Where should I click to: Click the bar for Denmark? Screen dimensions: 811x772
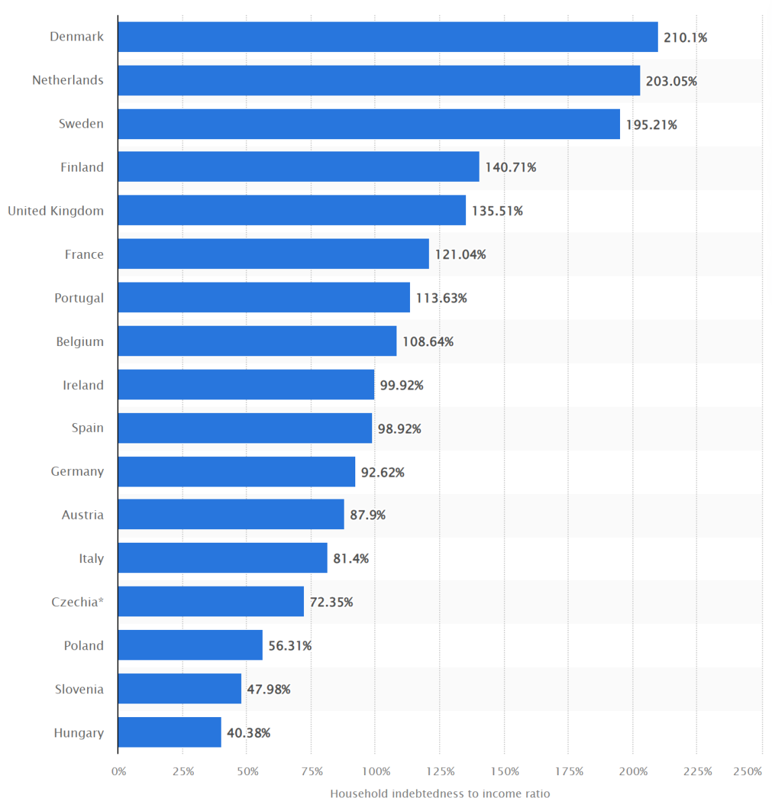pyautogui.click(x=388, y=36)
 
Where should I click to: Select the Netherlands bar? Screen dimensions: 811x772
pyautogui.click(x=379, y=80)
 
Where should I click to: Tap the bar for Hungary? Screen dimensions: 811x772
pyautogui.click(x=170, y=732)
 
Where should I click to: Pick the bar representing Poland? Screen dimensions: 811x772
pyautogui.click(x=190, y=645)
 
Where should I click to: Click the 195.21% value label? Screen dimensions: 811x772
pyautogui.click(x=651, y=124)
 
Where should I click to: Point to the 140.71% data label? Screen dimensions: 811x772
pyautogui.click(x=511, y=167)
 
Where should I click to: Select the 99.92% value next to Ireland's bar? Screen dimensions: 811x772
pyautogui.click(x=402, y=385)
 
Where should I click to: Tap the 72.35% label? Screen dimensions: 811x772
pyautogui.click(x=332, y=601)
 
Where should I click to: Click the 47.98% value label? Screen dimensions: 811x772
pyautogui.click(x=269, y=689)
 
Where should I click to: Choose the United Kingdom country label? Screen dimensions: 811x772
pyautogui.click(x=56, y=211)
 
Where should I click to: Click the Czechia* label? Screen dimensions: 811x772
pyautogui.click(x=78, y=601)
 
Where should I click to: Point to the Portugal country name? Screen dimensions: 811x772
pyautogui.click(x=79, y=298)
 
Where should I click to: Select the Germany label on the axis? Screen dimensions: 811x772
pyautogui.click(x=78, y=472)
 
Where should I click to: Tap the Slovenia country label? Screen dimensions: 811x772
pyautogui.click(x=79, y=689)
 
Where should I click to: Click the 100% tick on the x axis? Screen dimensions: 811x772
pyautogui.click(x=376, y=771)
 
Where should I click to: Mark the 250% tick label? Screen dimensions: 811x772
pyautogui.click(x=748, y=771)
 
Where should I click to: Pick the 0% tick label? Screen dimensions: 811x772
pyautogui.click(x=119, y=771)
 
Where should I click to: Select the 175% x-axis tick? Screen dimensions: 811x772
pyautogui.click(x=569, y=771)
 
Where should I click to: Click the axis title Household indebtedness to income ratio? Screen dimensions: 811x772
pyautogui.click(x=440, y=793)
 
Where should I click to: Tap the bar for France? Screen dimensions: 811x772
pyautogui.click(x=274, y=254)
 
